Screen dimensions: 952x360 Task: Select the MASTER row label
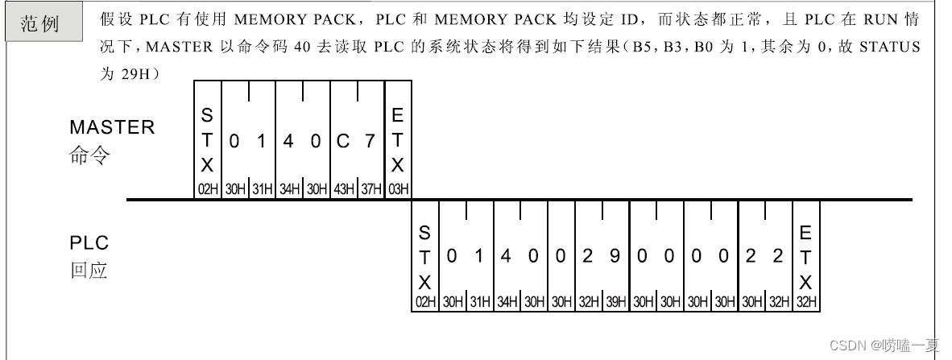coord(112,127)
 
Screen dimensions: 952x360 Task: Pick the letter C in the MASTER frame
coord(343,142)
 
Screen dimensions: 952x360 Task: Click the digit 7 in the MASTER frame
coord(370,142)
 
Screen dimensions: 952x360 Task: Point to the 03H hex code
coord(398,189)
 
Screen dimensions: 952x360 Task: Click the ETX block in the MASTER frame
coord(398,141)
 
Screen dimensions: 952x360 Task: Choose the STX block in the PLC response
coord(424,258)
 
